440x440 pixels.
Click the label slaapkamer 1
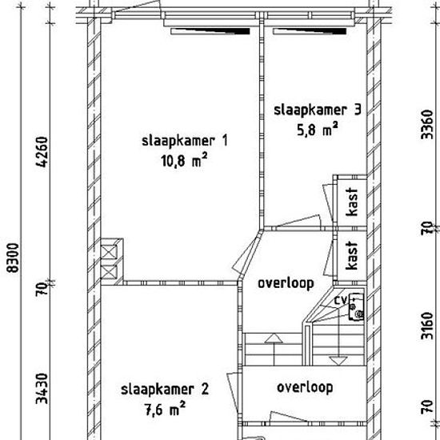coord(185,141)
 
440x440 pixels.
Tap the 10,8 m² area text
coord(184,160)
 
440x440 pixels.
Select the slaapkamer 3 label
coord(318,110)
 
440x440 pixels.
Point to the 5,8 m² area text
coord(318,129)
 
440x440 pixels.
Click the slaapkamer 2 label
coord(165,390)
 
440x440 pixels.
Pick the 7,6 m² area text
coord(165,409)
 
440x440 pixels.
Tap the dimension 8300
coord(13,258)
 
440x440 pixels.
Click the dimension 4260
coord(42,152)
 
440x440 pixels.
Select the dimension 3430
coord(42,388)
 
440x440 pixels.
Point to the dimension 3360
coord(427,124)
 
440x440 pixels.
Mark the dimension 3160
coord(427,326)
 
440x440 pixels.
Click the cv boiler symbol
coord(356,307)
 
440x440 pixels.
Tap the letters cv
coord(341,300)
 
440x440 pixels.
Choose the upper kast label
coord(352,202)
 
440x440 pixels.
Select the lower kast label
coord(352,255)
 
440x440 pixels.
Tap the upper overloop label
coord(286,283)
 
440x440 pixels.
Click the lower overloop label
coord(305,387)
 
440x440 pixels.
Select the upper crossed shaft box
coord(109,251)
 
